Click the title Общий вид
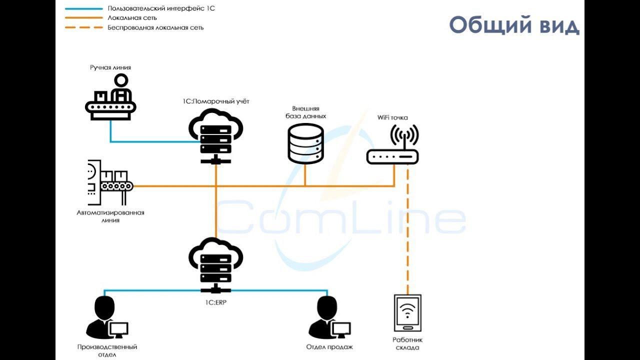point(514,24)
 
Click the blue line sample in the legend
point(83,9)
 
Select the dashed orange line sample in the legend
point(83,27)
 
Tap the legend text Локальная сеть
point(132,18)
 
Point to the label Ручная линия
point(110,67)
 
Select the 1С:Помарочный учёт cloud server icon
point(216,135)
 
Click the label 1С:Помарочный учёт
point(216,101)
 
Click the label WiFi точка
point(392,118)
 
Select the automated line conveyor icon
point(110,183)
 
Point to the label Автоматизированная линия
point(110,216)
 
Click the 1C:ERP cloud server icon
point(216,265)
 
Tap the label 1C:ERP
point(215,302)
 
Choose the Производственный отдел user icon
point(107,318)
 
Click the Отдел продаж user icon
point(329,318)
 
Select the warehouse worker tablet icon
point(407,313)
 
